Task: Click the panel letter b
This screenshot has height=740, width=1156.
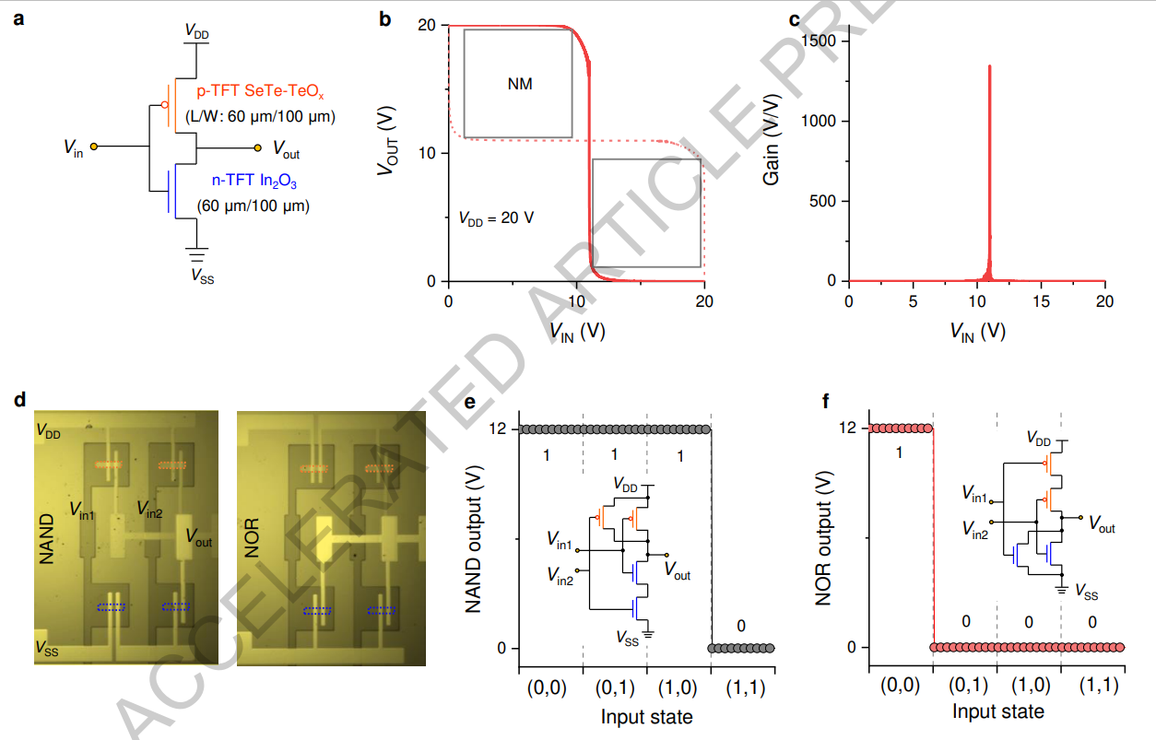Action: pyautogui.click(x=385, y=19)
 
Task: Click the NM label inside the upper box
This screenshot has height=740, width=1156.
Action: pyautogui.click(x=520, y=84)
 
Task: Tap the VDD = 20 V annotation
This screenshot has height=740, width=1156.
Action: pyautogui.click(x=496, y=218)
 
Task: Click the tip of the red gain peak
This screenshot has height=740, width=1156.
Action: pyautogui.click(x=989, y=66)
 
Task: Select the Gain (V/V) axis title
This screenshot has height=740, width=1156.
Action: pyautogui.click(x=771, y=139)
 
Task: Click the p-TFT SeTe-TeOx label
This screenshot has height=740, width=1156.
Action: pyautogui.click(x=260, y=91)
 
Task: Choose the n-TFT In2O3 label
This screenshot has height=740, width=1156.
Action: pyautogui.click(x=254, y=182)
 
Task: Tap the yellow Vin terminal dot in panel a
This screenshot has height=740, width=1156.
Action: pyautogui.click(x=94, y=147)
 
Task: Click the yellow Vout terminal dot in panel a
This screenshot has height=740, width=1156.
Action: pyautogui.click(x=257, y=148)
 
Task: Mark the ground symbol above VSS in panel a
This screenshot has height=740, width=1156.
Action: pyautogui.click(x=196, y=254)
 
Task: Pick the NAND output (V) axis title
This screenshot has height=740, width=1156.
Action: pyautogui.click(x=474, y=539)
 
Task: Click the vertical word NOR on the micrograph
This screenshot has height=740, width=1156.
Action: pyautogui.click(x=252, y=537)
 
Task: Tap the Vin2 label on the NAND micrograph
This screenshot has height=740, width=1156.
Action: pyautogui.click(x=149, y=510)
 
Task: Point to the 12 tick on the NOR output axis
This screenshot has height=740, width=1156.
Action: pyautogui.click(x=847, y=428)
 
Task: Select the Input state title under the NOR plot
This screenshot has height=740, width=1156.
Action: pyautogui.click(x=998, y=711)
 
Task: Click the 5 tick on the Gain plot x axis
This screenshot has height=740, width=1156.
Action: pyautogui.click(x=913, y=301)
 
